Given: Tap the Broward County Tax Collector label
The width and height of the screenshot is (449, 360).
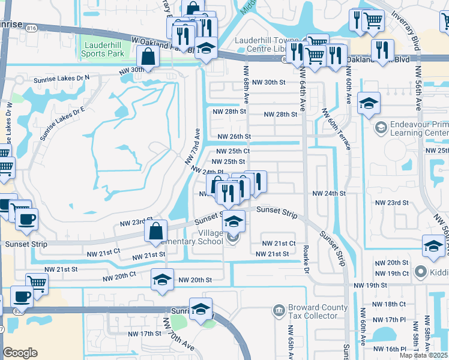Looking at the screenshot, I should click(318, 311).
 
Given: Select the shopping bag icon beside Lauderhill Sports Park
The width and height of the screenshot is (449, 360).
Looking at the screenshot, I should click(147, 58).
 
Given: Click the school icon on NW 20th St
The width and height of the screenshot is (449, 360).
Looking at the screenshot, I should click(162, 280).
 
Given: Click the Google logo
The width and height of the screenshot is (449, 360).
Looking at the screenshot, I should click(20, 353).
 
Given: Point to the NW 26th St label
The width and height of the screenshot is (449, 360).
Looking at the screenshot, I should click(234, 137).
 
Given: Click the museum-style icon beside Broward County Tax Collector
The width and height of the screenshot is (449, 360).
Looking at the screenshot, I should click(279, 310).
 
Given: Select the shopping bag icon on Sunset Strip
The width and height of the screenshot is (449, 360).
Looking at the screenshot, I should click(156, 231).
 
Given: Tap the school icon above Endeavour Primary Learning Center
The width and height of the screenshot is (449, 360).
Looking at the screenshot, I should click(369, 104).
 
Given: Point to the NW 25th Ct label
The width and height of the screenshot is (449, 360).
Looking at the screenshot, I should click(233, 151).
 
